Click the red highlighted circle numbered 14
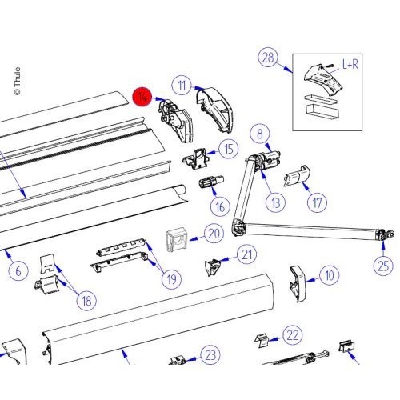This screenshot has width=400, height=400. [142, 97]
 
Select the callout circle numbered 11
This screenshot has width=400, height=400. [182, 86]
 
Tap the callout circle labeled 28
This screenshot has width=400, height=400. [268, 58]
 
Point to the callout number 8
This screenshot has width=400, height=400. [260, 134]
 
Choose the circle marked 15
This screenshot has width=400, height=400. [229, 149]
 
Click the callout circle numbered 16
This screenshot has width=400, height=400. [220, 206]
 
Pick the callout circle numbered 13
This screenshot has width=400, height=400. [276, 202]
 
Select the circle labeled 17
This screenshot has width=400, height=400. [317, 202]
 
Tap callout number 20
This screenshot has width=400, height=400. [214, 234]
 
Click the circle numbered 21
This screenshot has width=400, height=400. [247, 254]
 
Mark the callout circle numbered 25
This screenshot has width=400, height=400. [384, 265]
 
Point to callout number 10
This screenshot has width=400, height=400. [330, 275]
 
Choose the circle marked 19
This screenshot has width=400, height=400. [172, 279]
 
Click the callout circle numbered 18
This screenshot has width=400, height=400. [86, 301]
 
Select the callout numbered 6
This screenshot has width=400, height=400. [18, 271]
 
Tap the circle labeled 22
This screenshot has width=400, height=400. [293, 335]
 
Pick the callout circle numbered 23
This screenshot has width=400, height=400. [210, 354]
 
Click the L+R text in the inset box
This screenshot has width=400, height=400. [350, 64]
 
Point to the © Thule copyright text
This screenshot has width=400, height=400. [17, 81]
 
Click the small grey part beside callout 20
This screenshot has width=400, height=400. [176, 239]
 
